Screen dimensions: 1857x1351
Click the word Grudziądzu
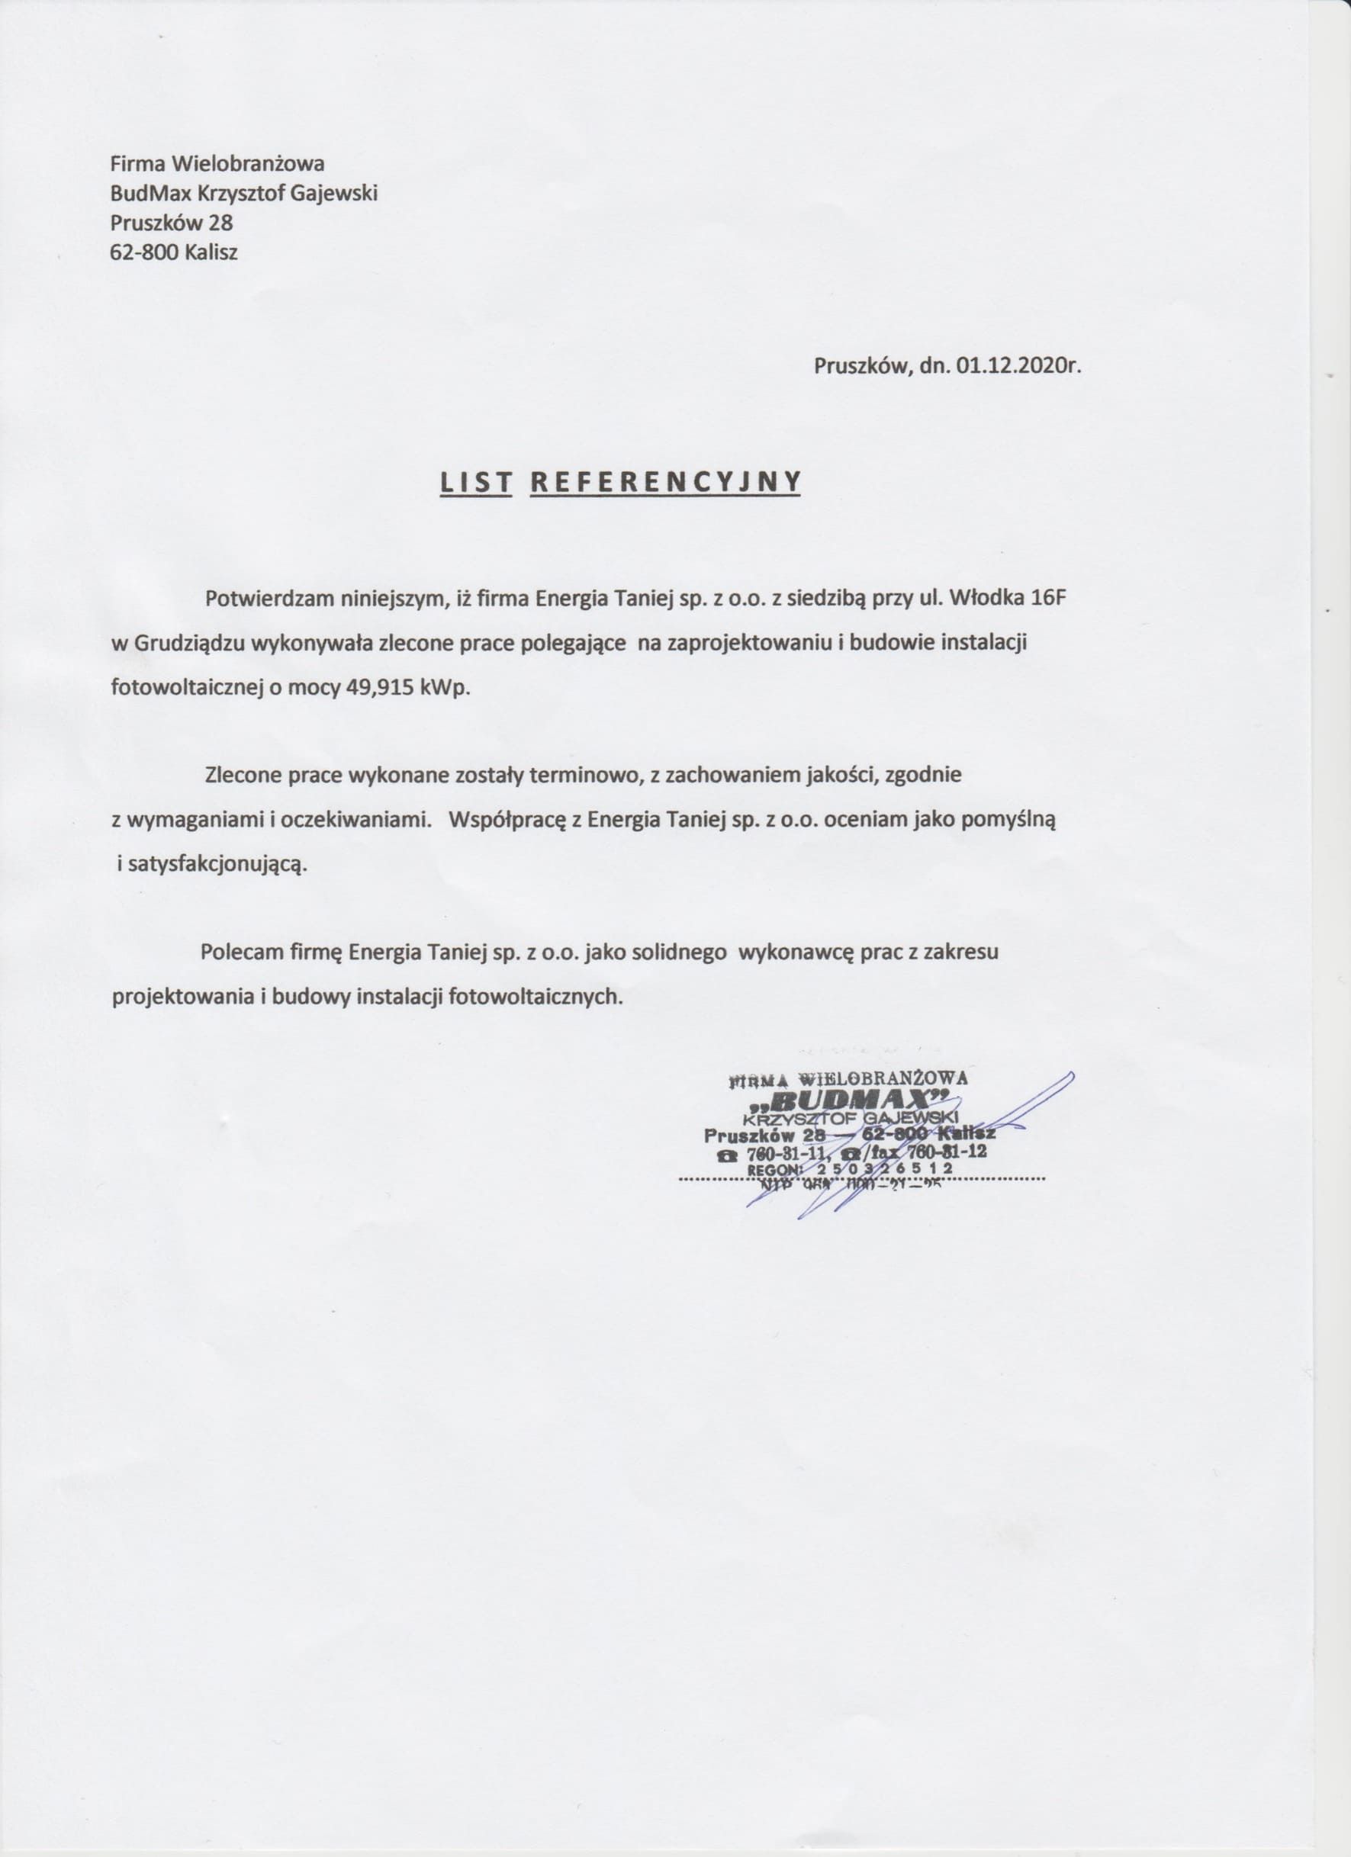point(185,643)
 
